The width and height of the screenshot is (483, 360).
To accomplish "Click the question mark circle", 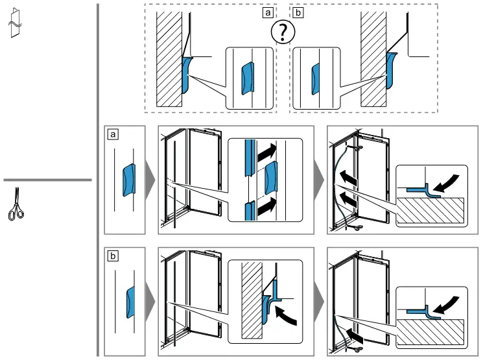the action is tap(283, 32).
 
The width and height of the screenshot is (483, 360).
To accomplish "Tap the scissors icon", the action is tap(16, 204).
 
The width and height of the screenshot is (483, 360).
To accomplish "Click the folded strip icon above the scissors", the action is tap(15, 23).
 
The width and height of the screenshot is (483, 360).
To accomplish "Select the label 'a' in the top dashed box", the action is tap(268, 12).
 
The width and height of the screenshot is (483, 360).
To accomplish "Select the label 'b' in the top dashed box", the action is tap(298, 12).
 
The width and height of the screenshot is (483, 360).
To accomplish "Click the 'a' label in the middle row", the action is tap(113, 134).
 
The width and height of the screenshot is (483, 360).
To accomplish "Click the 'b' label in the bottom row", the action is tap(113, 256).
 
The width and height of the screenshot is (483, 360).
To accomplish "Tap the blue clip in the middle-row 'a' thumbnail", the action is tap(129, 180).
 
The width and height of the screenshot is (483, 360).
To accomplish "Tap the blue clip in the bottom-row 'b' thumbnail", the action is tap(130, 302).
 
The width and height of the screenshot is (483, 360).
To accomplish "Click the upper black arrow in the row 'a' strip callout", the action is tap(266, 152).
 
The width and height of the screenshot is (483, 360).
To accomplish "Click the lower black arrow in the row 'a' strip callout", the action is tap(266, 207).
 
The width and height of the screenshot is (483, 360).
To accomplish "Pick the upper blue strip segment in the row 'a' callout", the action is tap(250, 158).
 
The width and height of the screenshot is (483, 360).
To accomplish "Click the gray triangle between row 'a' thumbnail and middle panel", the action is tap(150, 180).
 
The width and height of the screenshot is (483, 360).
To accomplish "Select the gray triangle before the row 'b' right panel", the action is tap(319, 302).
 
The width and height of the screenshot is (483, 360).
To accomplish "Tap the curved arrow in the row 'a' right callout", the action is tap(447, 184).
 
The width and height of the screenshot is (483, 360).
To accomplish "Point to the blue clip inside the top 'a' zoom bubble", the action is tap(248, 78).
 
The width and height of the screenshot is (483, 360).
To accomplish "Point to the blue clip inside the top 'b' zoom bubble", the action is tap(316, 79).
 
